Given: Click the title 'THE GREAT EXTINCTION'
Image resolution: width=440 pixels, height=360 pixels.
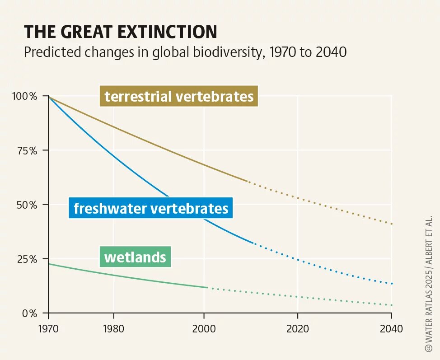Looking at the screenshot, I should [x=120, y=32].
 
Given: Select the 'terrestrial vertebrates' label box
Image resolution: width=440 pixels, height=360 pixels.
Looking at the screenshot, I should [x=179, y=96].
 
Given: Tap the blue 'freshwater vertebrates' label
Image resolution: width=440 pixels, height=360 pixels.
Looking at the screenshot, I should [x=151, y=208].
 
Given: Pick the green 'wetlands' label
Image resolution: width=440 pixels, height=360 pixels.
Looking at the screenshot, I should [x=135, y=257].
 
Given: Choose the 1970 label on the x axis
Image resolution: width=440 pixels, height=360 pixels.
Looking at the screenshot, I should [x=48, y=329].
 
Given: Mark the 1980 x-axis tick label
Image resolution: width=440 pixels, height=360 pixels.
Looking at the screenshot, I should [x=113, y=329].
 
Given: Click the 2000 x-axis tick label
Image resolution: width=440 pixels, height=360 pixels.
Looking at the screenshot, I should [x=204, y=329].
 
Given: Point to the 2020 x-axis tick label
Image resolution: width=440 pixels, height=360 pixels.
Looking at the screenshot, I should [x=298, y=329].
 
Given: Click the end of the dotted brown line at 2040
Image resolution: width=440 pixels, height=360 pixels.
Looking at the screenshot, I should [x=392, y=224].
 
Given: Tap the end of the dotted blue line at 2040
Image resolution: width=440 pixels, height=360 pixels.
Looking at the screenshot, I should [x=392, y=284].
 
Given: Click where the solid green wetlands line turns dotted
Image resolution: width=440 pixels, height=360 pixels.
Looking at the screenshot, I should [x=208, y=288].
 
